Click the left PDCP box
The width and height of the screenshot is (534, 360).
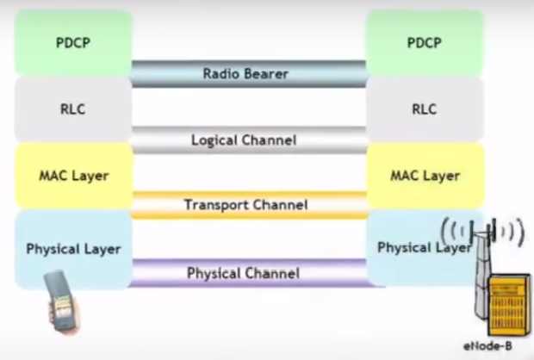pos(73,42)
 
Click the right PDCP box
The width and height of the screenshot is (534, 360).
pos(424,42)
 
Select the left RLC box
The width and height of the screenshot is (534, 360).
pos(73,109)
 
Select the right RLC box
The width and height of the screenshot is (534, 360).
pos(424,109)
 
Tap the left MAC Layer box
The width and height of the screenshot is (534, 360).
pos(73,176)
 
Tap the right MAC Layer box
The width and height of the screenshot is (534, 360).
pos(424,176)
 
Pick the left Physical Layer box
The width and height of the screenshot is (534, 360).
pos(73,249)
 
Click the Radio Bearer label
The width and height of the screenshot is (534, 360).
pos(245,73)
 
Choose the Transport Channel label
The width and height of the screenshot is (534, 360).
pos(245,205)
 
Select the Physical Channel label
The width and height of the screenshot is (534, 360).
pos(244,274)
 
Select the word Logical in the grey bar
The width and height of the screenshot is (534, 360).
pos(215,140)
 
